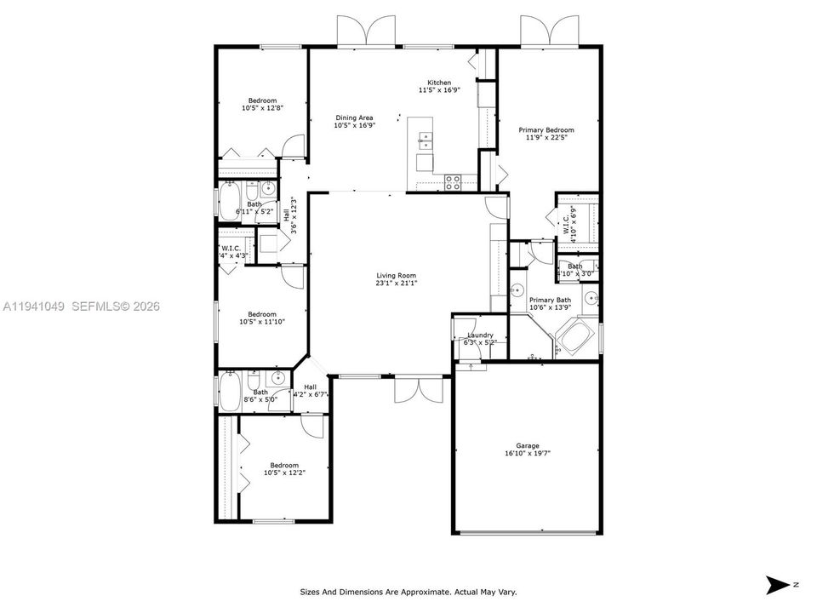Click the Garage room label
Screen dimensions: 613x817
point(527,445)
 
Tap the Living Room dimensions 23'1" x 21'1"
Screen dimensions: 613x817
point(397,284)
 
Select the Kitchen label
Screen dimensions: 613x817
point(439,83)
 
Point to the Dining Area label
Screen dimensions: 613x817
point(354,117)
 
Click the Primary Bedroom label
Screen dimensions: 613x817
point(546,130)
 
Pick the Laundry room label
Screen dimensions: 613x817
point(480,335)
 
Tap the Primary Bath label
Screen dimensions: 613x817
point(550,300)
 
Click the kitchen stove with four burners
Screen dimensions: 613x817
point(453,180)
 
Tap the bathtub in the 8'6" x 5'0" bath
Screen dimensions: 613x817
point(230,392)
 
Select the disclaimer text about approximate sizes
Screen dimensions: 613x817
point(408,592)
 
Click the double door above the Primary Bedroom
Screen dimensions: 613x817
point(550,32)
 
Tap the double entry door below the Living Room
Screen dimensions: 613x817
point(419,388)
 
